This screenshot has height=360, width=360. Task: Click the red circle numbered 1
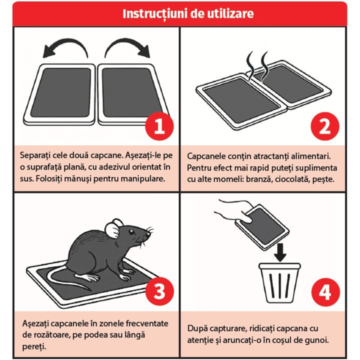pyautogui.click(x=159, y=126)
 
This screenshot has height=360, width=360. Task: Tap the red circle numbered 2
pyautogui.click(x=325, y=126)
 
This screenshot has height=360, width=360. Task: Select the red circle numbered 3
pyautogui.click(x=159, y=291)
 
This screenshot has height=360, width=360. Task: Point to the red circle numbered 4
pyautogui.click(x=325, y=292)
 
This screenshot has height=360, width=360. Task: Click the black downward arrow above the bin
pyautogui.click(x=280, y=252)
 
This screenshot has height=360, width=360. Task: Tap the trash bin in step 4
pyautogui.click(x=279, y=283)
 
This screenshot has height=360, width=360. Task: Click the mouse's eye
pyautogui.click(x=131, y=232)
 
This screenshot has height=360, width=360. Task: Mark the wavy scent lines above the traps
pyautogui.click(x=257, y=66)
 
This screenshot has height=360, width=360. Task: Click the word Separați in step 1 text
pyautogui.click(x=35, y=155)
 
